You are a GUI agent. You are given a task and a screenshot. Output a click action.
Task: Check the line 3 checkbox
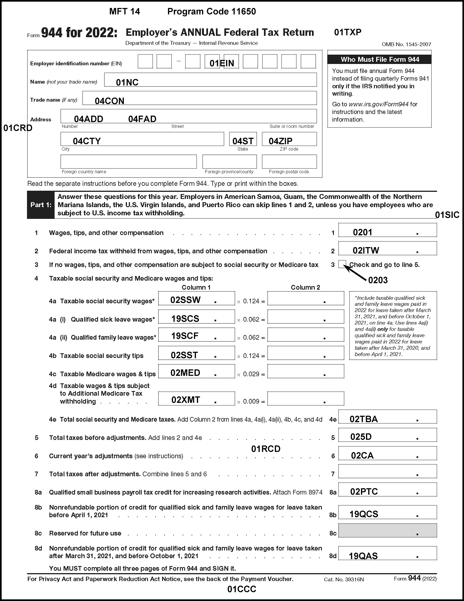(342, 264)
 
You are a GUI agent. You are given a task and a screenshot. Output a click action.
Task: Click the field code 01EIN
(221, 63)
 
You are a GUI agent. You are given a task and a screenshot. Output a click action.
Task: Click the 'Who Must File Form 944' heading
(380, 59)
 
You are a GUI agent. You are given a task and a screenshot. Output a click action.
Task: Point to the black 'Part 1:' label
(41, 205)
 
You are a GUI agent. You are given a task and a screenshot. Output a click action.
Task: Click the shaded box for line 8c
(387, 530)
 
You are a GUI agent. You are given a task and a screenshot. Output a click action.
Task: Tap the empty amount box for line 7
(387, 471)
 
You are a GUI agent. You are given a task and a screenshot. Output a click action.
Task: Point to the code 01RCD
(266, 449)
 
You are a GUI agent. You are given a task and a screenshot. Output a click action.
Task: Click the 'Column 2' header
(305, 287)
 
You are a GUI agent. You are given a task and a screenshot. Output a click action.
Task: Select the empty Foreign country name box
(128, 161)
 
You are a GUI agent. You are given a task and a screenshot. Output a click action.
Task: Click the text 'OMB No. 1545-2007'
(406, 44)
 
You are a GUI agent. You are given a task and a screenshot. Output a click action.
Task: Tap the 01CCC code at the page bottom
(242, 589)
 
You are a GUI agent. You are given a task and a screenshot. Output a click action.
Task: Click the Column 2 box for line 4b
(305, 353)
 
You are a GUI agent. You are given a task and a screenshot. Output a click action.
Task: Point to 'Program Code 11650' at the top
(211, 11)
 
